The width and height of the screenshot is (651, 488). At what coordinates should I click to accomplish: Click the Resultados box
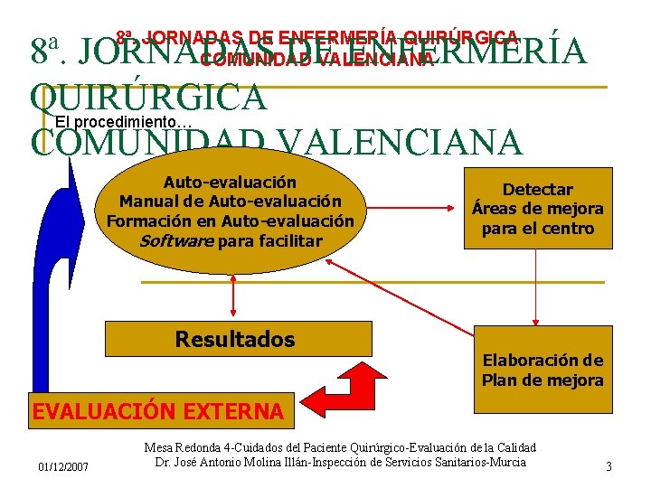pyautogui.click(x=234, y=340)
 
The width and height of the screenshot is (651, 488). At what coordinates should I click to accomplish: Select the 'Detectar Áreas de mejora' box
pyautogui.click(x=537, y=209)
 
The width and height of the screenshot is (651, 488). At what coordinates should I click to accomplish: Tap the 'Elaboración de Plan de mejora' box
pyautogui.click(x=542, y=371)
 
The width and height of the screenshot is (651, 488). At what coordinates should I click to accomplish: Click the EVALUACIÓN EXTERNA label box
pyautogui.click(x=157, y=411)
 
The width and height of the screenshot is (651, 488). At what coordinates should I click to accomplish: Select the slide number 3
pyautogui.click(x=609, y=466)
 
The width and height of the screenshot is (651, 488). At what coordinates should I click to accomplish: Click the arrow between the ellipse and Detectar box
pyautogui.click(x=412, y=207)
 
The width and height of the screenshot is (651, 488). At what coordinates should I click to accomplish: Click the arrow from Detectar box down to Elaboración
pyautogui.click(x=536, y=286)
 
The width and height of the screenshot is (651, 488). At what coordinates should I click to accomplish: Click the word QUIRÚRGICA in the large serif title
pyautogui.click(x=148, y=98)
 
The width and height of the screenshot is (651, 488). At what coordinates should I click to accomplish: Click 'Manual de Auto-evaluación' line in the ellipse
pyautogui.click(x=230, y=201)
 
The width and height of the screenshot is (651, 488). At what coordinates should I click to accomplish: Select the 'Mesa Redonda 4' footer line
pyautogui.click(x=340, y=447)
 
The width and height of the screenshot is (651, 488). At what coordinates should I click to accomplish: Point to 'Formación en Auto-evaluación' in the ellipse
pyautogui.click(x=230, y=221)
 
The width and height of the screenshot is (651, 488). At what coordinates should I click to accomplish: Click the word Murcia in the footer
pyautogui.click(x=506, y=463)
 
